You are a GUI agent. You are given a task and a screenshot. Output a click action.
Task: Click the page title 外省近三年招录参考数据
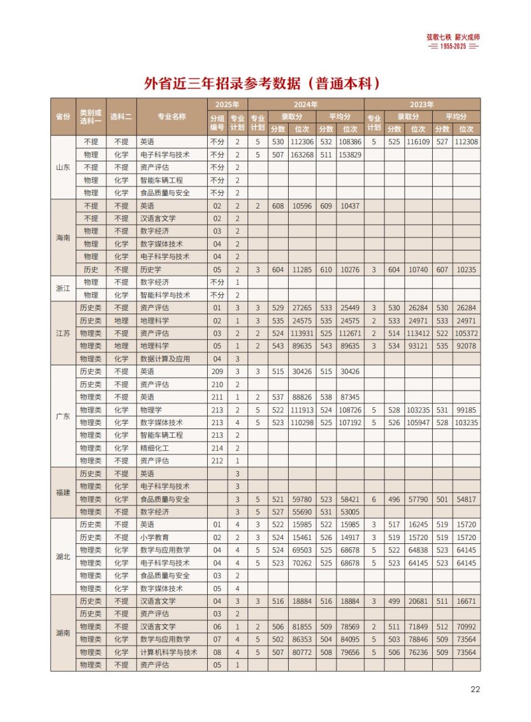(264, 84)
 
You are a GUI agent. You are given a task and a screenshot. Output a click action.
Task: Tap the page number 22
(475, 689)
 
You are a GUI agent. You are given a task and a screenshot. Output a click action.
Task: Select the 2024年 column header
(306, 104)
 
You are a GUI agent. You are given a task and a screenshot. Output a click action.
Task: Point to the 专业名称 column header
(171, 116)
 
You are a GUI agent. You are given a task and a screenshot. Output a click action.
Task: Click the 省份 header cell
(62, 116)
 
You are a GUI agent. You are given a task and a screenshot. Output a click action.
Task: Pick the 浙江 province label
(62, 289)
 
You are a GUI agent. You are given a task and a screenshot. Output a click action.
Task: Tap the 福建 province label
(62, 493)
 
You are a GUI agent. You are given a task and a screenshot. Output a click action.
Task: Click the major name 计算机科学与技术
(169, 652)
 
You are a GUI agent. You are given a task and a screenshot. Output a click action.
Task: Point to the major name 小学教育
(155, 537)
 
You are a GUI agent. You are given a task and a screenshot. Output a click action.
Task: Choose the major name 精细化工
(155, 448)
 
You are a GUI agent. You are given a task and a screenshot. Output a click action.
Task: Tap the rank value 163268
(302, 155)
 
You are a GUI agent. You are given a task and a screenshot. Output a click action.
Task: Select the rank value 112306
(302, 142)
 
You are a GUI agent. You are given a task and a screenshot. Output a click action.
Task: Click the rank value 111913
(302, 410)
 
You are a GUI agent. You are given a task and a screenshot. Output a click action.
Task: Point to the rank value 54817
(466, 499)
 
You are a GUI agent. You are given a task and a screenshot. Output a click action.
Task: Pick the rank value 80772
(302, 652)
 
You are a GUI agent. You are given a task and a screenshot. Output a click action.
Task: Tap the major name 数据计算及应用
(165, 359)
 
